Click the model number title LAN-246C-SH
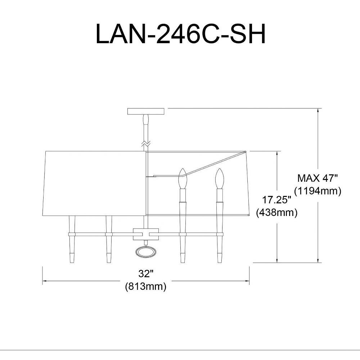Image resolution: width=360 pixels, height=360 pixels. (x=180, y=34)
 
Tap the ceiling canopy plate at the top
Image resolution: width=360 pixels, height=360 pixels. (x=146, y=111)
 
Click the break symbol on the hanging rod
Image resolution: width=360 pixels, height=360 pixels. (x=146, y=144)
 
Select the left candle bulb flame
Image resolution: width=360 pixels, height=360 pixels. (x=183, y=178)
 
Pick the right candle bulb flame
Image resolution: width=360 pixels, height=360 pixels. (x=219, y=178)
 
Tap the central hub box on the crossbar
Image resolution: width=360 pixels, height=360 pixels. (x=146, y=234)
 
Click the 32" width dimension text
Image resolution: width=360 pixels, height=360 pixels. (x=146, y=274)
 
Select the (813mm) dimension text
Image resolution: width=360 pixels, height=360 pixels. (x=146, y=287)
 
